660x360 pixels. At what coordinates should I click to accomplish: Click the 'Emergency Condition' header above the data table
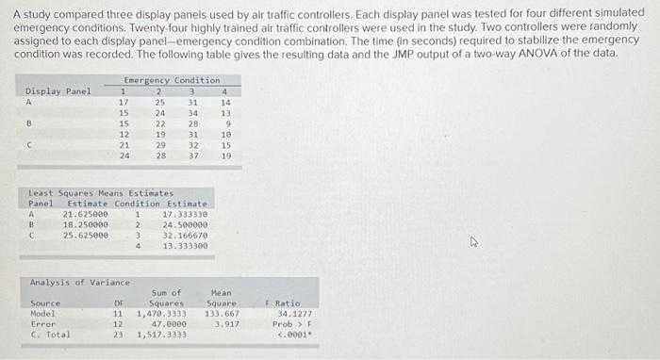[171, 81]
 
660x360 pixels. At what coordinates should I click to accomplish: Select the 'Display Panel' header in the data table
[58, 91]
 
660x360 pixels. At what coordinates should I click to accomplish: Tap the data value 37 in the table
[193, 155]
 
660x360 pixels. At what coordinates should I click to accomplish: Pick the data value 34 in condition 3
[193, 113]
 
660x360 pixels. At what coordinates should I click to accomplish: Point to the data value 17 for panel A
[124, 102]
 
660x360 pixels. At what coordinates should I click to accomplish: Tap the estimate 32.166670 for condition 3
[185, 235]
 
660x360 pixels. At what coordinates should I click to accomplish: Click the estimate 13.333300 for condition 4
[185, 245]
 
